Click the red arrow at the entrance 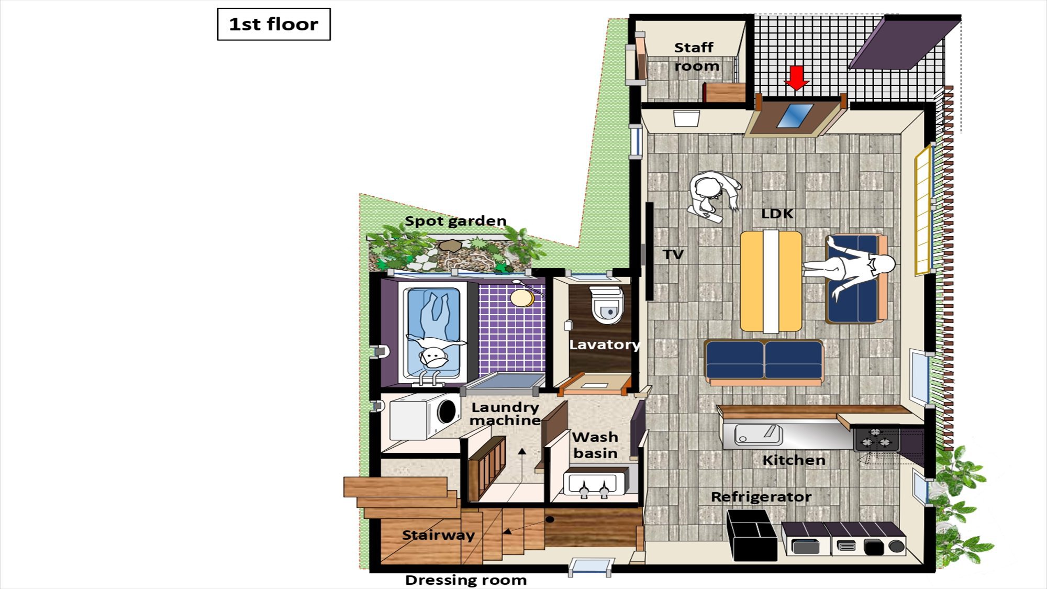[797, 77]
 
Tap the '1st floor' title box [274, 24]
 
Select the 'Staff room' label [696, 57]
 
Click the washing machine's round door [446, 411]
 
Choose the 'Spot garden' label [455, 221]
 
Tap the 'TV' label [673, 255]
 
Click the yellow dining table [771, 281]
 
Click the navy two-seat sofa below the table [764, 361]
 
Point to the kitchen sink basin [758, 435]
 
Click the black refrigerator [752, 535]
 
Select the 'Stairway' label [438, 535]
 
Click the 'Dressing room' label [466, 580]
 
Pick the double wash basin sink [595, 484]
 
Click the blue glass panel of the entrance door [795, 116]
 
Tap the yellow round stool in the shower [522, 298]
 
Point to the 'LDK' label [777, 214]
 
